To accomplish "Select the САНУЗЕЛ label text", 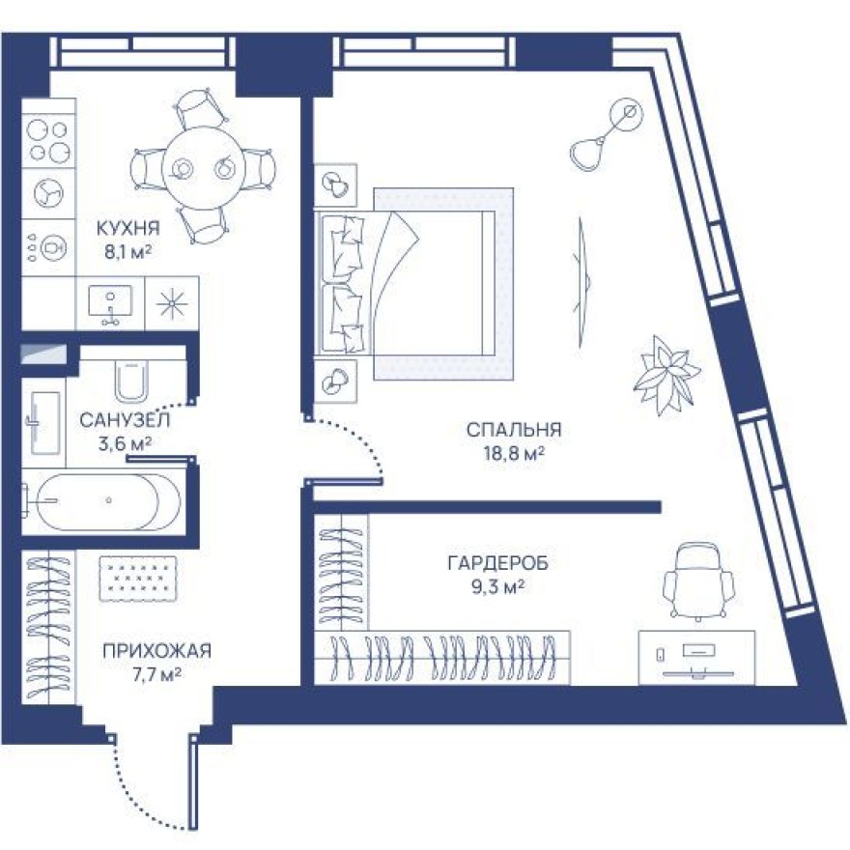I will [125, 420].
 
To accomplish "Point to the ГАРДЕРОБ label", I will [491, 563].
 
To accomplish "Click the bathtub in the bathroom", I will [100, 500].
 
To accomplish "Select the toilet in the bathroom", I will [129, 380].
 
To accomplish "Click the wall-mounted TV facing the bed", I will [582, 281].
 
